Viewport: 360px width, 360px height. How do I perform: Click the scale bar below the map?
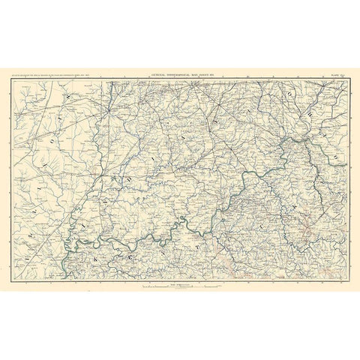180,288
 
